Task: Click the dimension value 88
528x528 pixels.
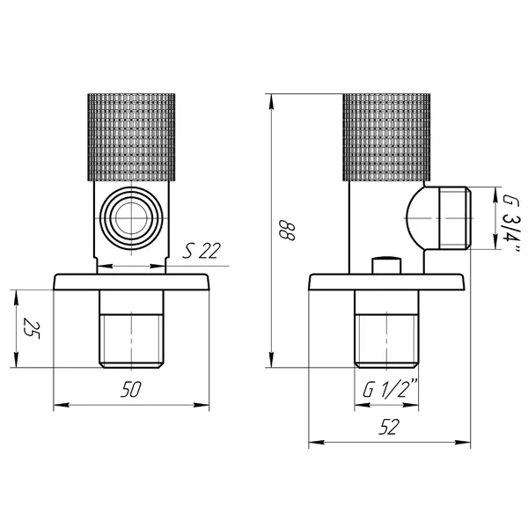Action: (287, 231)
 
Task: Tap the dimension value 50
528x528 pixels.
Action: (132, 389)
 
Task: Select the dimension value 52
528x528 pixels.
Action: (389, 427)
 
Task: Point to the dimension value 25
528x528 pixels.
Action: (31, 328)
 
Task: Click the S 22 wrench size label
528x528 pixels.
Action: (202, 251)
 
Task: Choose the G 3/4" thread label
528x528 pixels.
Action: (512, 224)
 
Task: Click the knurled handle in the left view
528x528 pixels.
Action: (131, 137)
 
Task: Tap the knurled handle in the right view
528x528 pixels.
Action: (386, 137)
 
